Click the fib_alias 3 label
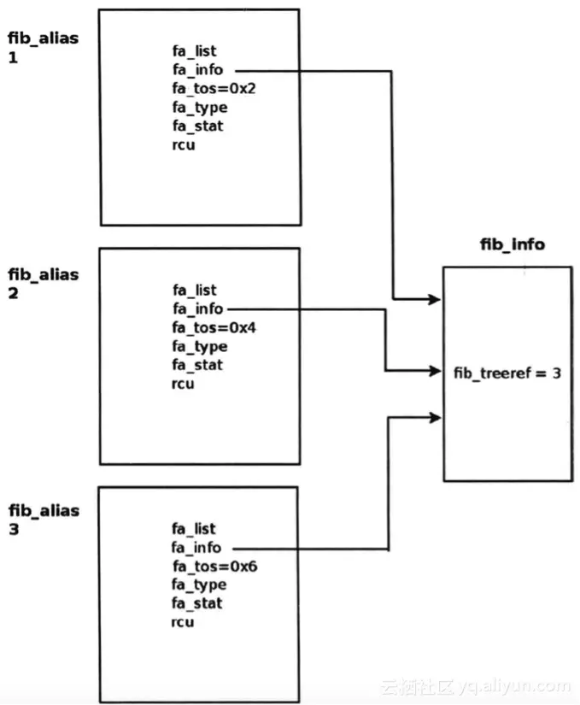43,520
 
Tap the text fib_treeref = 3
507,373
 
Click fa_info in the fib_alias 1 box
197,70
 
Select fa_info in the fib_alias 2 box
197,308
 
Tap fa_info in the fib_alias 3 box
197,547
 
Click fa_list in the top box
194,51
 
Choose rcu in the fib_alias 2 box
183,384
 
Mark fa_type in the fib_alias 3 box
199,585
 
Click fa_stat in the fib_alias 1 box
197,126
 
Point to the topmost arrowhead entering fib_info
434,299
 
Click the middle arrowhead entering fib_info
434,371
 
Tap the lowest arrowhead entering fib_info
434,417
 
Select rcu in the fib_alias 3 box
183,622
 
